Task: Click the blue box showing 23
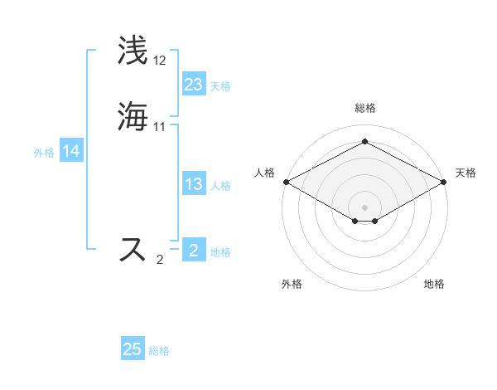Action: [194, 85]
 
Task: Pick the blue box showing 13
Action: [194, 185]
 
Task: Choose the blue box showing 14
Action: [71, 152]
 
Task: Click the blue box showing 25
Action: [133, 349]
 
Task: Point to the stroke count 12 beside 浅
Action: [160, 61]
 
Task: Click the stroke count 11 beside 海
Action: [160, 127]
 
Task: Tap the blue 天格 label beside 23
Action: [220, 86]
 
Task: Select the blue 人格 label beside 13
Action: [220, 186]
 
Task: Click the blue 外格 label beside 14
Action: [43, 153]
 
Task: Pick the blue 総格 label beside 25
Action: [159, 351]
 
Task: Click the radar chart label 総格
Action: [364, 108]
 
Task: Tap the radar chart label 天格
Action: [466, 173]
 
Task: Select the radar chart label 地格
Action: [434, 284]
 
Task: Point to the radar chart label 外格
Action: [292, 284]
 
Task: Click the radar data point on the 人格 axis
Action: [286, 182]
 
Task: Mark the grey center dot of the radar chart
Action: [364, 207]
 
